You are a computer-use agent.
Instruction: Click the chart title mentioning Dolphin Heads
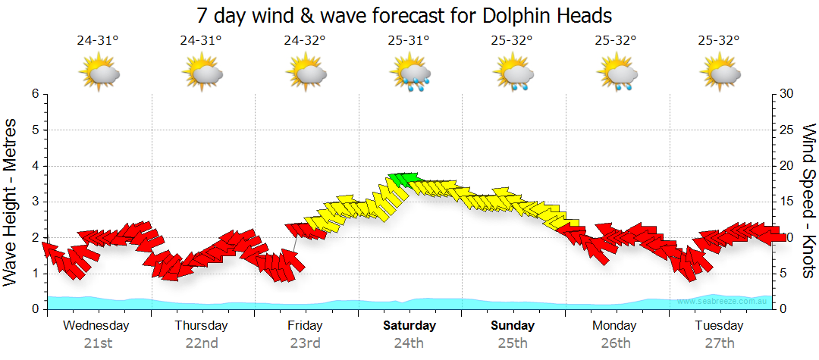pyautogui.click(x=403, y=15)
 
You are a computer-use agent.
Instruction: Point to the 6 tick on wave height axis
pyautogui.click(x=34, y=94)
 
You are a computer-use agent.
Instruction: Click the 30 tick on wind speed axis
pyautogui.click(x=786, y=94)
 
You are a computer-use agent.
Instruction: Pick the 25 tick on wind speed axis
pyautogui.click(x=786, y=130)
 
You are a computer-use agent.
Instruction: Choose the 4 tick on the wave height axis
pyautogui.click(x=34, y=166)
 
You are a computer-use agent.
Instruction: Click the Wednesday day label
pyautogui.click(x=96, y=326)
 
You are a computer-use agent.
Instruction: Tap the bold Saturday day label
pyautogui.click(x=409, y=326)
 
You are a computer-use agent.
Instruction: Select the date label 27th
pyautogui.click(x=720, y=343)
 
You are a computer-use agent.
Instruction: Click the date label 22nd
pyautogui.click(x=201, y=343)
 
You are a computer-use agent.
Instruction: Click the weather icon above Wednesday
pyautogui.click(x=99, y=73)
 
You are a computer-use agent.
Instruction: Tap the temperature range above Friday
pyautogui.click(x=305, y=40)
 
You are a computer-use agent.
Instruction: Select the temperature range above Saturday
pyautogui.click(x=409, y=40)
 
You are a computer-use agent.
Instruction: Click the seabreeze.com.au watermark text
pyautogui.click(x=723, y=301)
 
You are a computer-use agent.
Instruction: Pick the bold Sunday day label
pyautogui.click(x=513, y=326)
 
